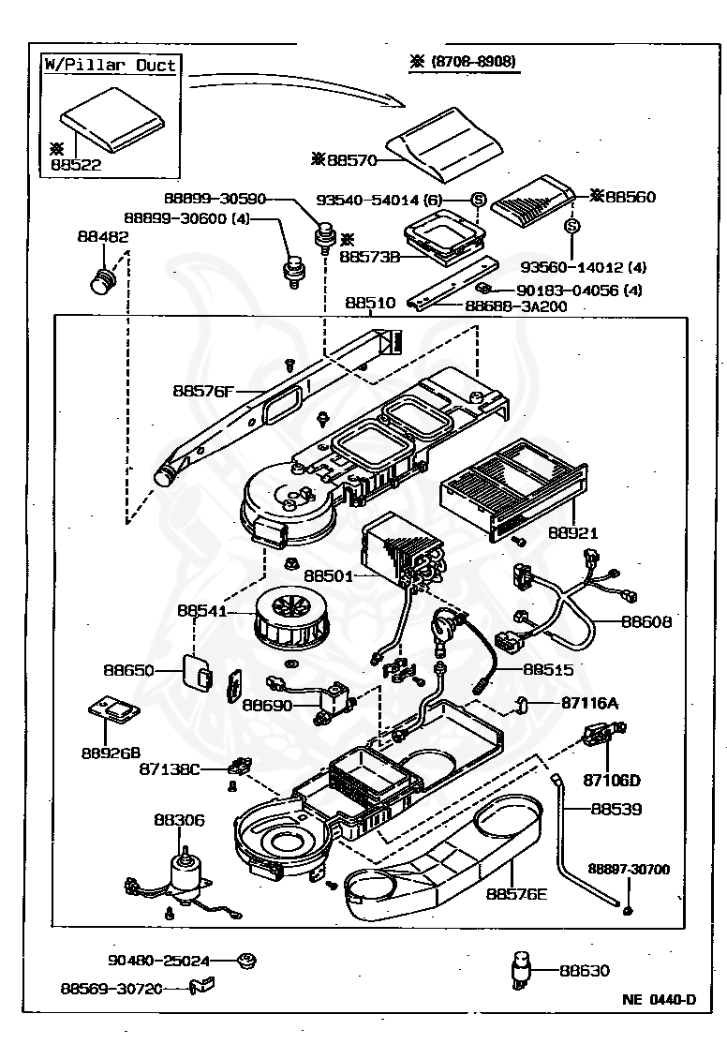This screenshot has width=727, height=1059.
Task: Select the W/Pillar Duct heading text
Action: click(110, 66)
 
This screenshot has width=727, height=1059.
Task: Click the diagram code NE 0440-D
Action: click(659, 998)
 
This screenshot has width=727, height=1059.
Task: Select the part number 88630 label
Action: click(584, 971)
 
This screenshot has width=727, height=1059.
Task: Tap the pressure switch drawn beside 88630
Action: click(520, 969)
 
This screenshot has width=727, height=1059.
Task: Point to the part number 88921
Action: click(573, 532)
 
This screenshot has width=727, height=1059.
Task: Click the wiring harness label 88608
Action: click(646, 620)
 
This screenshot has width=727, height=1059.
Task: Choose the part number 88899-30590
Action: click(215, 199)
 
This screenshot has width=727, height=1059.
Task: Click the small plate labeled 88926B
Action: click(111, 709)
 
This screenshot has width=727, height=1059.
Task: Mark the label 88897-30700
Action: click(629, 870)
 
